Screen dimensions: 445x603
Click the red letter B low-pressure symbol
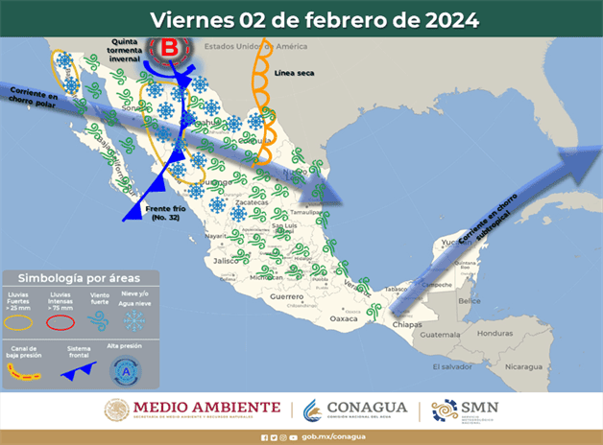(169, 47)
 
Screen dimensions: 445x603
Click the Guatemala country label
(442, 334)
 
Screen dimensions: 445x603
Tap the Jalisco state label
(227, 260)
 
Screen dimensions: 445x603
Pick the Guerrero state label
(286, 298)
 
